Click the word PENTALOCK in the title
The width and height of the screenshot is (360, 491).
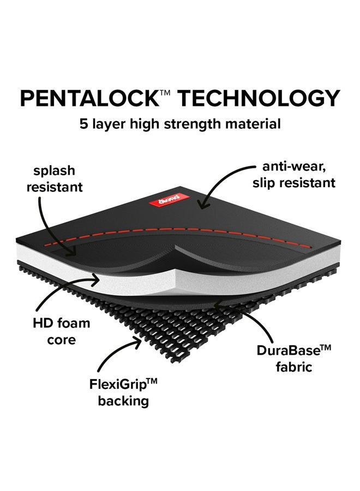90,98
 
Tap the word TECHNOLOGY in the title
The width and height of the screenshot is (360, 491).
259,98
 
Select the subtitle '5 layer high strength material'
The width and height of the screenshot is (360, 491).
180,124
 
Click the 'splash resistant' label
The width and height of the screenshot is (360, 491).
55,179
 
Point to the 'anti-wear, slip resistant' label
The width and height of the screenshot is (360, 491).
293,175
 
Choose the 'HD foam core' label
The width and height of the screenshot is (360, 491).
61,331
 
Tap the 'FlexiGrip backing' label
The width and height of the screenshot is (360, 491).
123,392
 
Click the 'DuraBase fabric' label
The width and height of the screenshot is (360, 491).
293,358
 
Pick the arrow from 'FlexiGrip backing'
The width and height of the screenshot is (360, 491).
113,351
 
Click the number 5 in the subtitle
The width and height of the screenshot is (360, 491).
83,124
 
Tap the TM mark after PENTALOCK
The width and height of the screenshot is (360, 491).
165,93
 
